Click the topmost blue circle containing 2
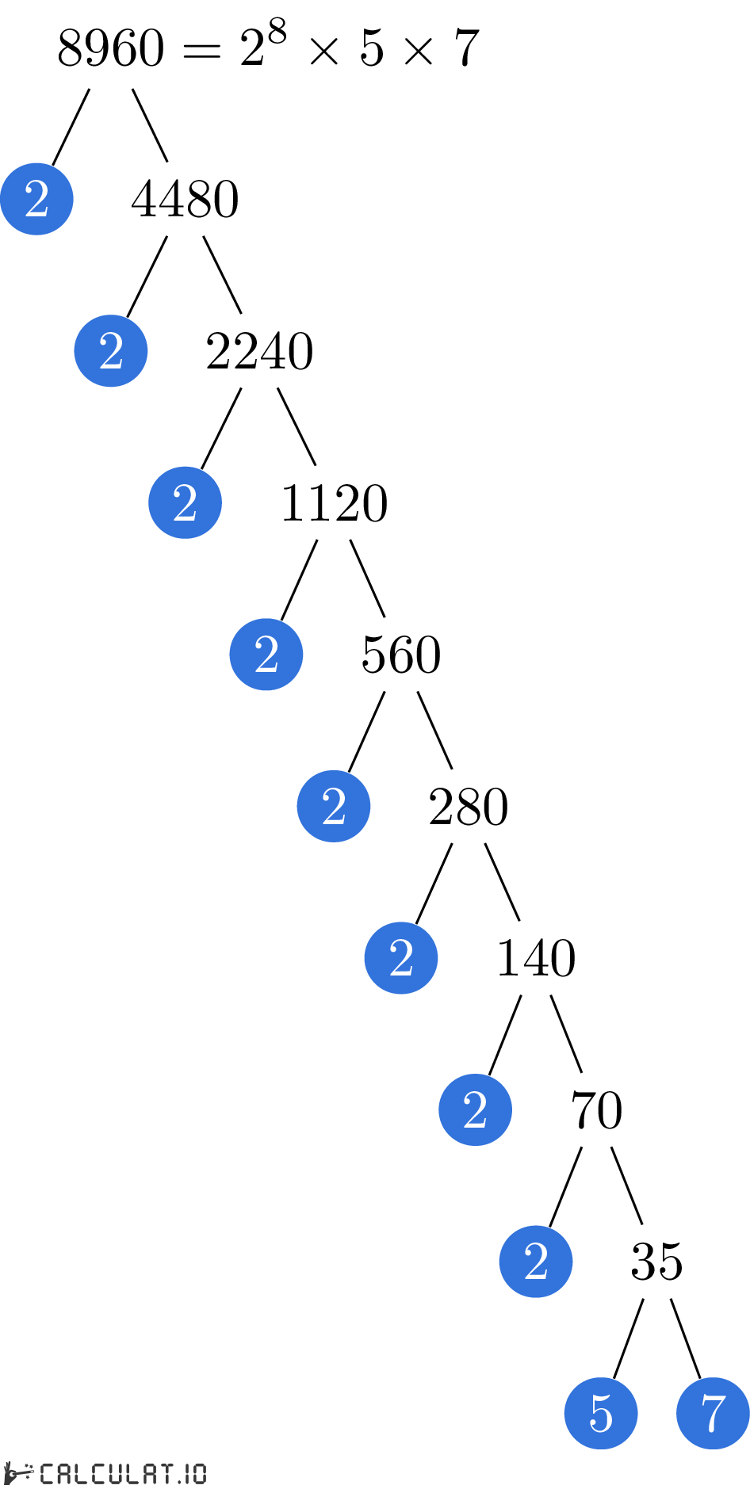pyautogui.click(x=36, y=199)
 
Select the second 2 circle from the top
pyautogui.click(x=111, y=351)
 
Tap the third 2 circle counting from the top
pyautogui.click(x=185, y=502)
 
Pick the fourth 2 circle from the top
pyautogui.click(x=266, y=655)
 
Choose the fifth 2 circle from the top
pyautogui.click(x=334, y=806)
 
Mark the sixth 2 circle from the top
pyautogui.click(x=401, y=958)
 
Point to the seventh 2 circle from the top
pyautogui.click(x=475, y=1109)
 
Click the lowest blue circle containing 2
pyautogui.click(x=536, y=1262)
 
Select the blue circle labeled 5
pyautogui.click(x=601, y=1413)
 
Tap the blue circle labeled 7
pyautogui.click(x=713, y=1413)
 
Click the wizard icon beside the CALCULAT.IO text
pyautogui.click(x=17, y=1473)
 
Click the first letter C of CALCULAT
pyautogui.click(x=47, y=1474)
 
